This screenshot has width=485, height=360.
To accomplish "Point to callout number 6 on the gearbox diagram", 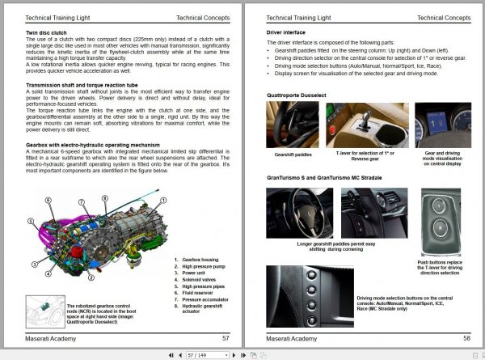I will pyautogui.click(x=48, y=199).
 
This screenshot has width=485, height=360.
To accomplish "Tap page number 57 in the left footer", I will pyautogui.click(x=225, y=338).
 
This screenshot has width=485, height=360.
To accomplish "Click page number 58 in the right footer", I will pyautogui.click(x=467, y=338).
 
